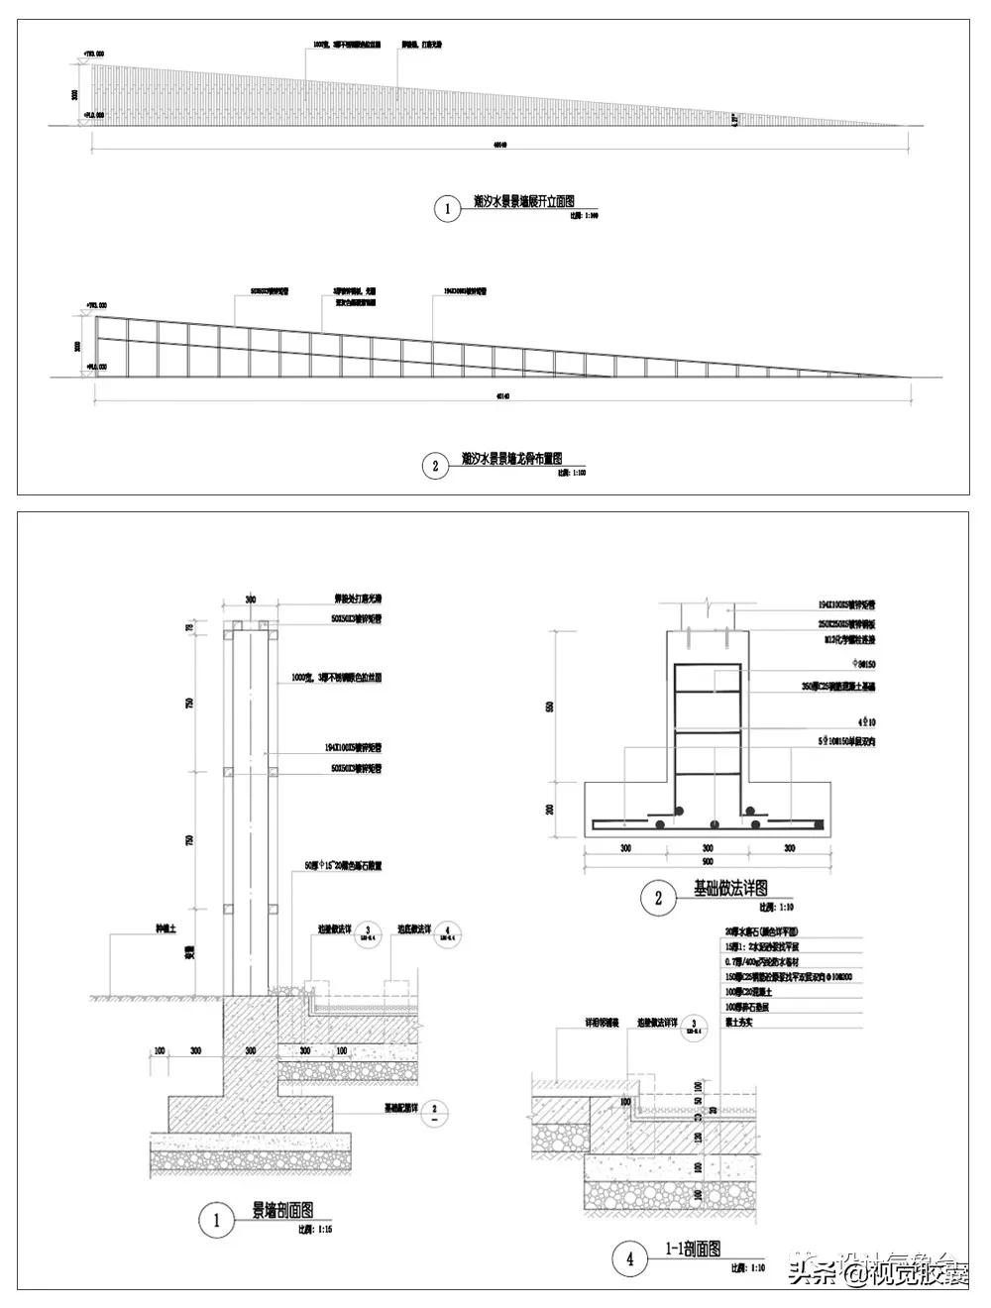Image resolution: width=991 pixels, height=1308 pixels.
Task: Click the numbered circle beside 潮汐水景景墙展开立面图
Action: coord(447,209)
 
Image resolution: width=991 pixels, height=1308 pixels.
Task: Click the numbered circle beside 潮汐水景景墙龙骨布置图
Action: coord(435,465)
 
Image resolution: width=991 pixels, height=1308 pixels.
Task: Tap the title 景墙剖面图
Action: coord(282,1210)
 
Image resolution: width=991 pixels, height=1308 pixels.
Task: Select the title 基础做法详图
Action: coord(730,888)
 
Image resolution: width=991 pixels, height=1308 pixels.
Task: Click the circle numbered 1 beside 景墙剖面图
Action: coord(216,1220)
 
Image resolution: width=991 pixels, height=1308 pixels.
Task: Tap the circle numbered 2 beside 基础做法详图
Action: coord(657,899)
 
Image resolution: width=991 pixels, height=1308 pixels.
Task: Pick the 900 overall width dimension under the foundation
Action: coord(708,862)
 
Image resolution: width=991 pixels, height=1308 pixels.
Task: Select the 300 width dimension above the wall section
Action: coord(250,600)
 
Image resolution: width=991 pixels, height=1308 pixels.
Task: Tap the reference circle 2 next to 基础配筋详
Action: coord(435,1111)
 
